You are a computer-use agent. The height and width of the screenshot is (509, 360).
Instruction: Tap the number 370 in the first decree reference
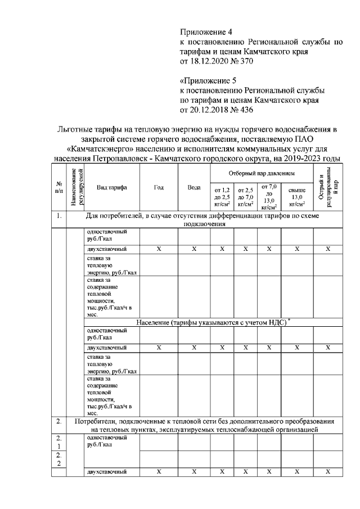pyautogui.click(x=238, y=61)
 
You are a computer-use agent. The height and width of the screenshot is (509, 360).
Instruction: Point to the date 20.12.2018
pyautogui.click(x=208, y=110)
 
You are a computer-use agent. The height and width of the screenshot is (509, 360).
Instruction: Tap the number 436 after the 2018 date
pyautogui.click(x=238, y=110)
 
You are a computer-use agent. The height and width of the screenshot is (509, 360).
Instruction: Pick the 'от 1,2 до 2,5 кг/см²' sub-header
pyautogui.click(x=222, y=197)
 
